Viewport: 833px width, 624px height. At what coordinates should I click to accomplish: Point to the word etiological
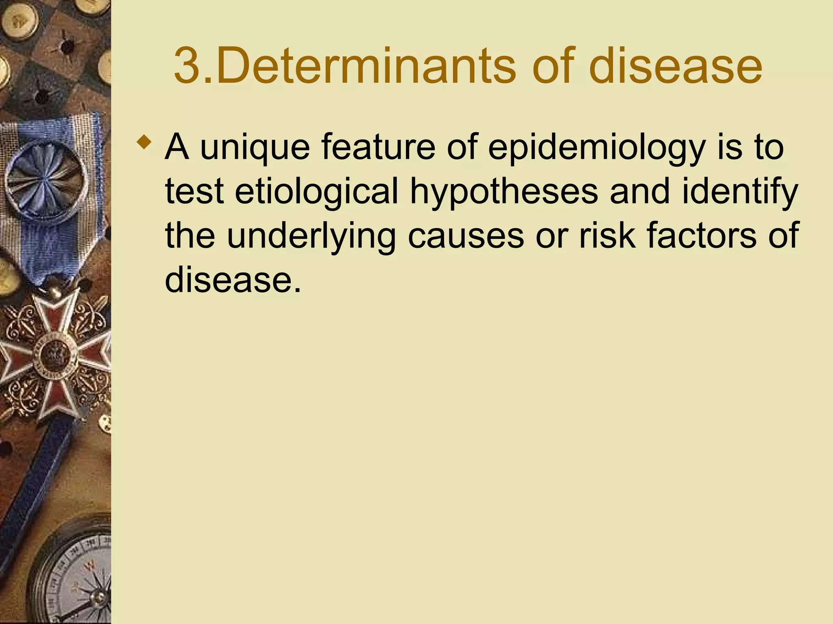[316, 191]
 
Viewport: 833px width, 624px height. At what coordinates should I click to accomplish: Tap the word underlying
[311, 237]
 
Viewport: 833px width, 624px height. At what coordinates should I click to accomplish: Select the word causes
[466, 237]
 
